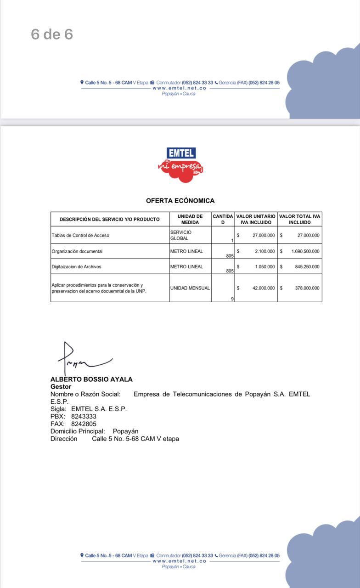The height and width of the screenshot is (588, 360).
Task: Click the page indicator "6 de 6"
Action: (52, 34)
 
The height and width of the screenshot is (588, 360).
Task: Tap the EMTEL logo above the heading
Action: (180, 164)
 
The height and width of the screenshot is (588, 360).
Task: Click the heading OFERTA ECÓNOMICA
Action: (180, 201)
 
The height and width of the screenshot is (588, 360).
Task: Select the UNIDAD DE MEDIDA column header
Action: (190, 219)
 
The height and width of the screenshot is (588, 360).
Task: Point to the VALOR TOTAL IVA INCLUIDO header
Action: (299, 219)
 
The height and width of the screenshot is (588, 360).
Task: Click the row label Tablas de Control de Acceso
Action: (80, 235)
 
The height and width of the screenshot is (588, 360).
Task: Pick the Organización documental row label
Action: (77, 251)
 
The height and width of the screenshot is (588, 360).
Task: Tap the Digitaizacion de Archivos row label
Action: (77, 266)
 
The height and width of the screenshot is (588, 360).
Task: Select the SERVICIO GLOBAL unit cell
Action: (181, 235)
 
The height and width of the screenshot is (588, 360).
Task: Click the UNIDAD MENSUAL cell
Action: (190, 288)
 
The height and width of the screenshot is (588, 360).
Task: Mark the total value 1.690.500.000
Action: (305, 251)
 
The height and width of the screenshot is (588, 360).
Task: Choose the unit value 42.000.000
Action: (264, 288)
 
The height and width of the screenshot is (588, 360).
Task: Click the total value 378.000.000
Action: (307, 288)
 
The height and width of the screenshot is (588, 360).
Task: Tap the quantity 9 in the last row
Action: (232, 299)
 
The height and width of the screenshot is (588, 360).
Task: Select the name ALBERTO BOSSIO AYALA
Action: (91, 379)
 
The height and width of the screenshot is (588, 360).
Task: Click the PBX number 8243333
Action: (84, 416)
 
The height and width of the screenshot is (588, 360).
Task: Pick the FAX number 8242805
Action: (84, 424)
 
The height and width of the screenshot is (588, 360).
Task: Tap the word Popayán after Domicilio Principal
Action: (125, 431)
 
